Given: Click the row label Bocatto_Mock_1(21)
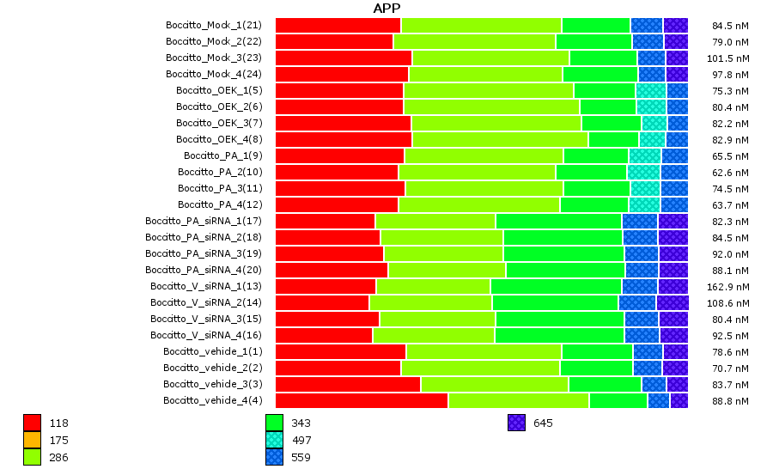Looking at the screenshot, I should pos(213,25).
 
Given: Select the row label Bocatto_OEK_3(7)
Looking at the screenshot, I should pos(219,123).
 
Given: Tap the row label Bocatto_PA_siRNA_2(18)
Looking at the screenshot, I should pos(203,237).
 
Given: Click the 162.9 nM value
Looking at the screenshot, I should pos(730,286).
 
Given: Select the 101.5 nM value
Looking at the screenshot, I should pos(730,58).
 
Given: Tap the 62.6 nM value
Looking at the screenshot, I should pos(731,172).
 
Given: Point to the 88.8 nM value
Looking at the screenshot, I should pos(731,400).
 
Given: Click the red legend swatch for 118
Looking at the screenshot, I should pos(32,423).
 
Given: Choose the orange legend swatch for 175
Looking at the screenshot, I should pos(32,440).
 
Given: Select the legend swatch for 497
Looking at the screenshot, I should pos(274,440).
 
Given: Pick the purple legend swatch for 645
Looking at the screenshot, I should pos(515,423).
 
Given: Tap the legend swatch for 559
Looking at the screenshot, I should pos(274,457).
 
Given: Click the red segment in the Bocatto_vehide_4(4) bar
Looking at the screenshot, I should pos(361,400).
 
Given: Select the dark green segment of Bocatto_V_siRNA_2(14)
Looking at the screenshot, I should pos(555,302).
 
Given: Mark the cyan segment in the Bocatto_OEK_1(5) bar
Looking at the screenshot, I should pos(651,90).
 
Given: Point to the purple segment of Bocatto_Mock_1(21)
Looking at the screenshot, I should pos(675,25).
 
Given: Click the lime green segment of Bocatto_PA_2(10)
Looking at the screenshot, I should pos(477,172).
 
